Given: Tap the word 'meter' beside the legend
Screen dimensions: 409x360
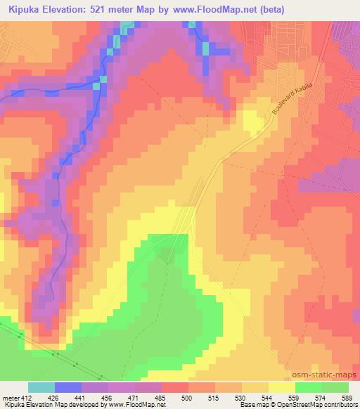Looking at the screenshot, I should pos(10,397).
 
